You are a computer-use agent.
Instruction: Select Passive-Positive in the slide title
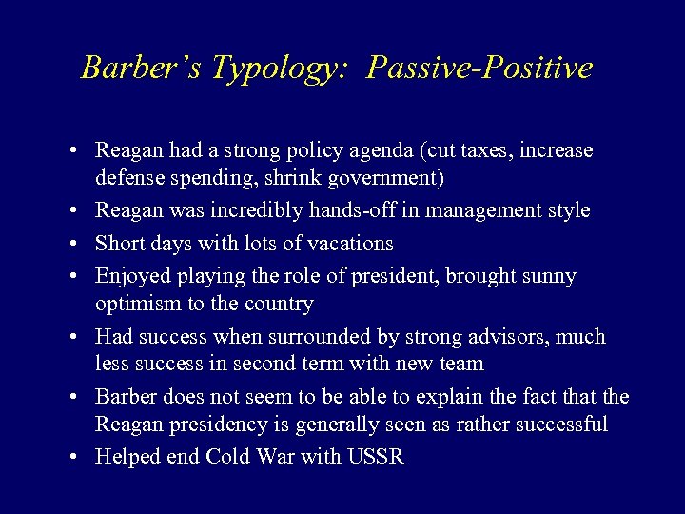coord(479,68)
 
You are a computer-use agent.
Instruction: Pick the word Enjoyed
coord(131,276)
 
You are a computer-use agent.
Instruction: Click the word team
coord(464,364)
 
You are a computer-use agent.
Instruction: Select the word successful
coord(561,425)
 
